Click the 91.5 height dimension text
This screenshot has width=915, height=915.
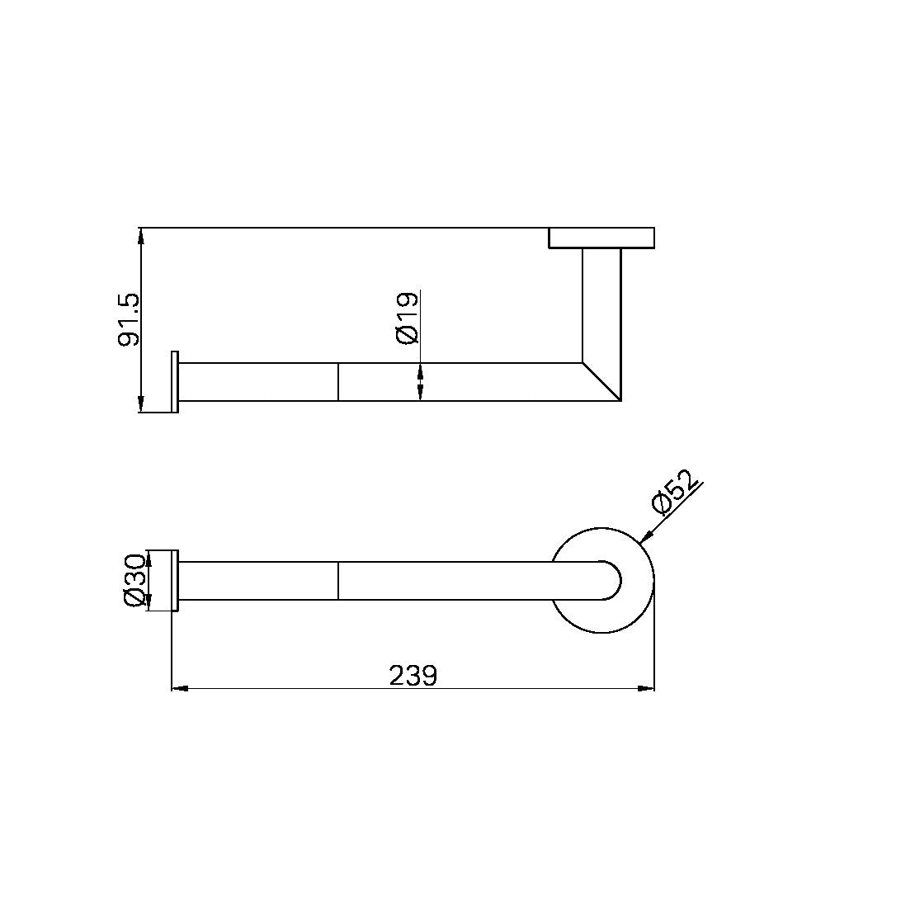click(130, 319)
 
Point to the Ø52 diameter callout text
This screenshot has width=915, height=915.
click(676, 492)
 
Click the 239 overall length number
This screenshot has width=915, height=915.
click(413, 676)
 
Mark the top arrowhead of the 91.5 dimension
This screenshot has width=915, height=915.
click(141, 235)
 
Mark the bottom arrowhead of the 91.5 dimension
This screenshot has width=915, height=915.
click(141, 403)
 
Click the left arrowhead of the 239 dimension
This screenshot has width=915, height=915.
click(179, 688)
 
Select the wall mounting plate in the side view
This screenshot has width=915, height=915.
click(601, 238)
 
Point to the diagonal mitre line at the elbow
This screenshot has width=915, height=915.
click(601, 381)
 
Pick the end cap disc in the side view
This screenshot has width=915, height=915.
click(174, 381)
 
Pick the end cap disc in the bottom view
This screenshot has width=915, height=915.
click(174, 581)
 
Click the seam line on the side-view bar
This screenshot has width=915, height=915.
click(338, 381)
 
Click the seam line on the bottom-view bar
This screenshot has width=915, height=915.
click(338, 581)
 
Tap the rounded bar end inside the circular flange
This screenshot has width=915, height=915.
click(611, 581)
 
